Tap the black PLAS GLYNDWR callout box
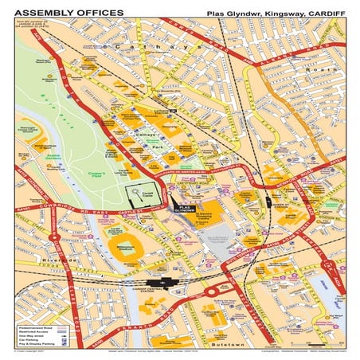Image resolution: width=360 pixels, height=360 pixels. [183, 208]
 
